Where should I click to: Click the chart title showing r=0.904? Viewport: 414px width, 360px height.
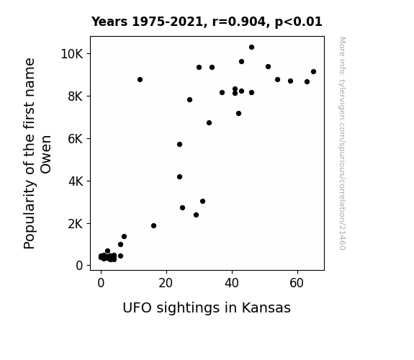207,22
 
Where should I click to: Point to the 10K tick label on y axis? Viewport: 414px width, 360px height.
72,54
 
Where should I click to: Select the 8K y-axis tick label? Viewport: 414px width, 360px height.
76,96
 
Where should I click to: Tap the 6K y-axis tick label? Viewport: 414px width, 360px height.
76,139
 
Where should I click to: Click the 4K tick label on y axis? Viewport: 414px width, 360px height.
76,181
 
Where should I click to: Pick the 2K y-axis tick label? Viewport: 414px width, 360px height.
76,224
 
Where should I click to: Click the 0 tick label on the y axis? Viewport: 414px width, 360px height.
79,266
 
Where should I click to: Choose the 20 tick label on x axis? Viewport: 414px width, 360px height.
166,283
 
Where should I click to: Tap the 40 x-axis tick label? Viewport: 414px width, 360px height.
232,283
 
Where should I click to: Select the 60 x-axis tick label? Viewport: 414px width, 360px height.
297,283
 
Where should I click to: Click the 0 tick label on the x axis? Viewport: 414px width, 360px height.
101,283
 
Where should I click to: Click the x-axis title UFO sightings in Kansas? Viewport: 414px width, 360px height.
207,308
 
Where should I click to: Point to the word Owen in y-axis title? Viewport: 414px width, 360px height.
45,155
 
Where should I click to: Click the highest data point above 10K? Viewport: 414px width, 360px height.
251,48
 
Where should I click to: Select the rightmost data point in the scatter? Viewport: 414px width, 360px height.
313,72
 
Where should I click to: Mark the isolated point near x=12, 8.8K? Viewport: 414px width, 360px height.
140,79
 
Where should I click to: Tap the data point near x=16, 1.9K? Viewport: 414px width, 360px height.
153,225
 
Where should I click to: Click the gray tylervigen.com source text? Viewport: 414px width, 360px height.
343,143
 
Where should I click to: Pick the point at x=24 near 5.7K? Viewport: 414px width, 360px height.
179,145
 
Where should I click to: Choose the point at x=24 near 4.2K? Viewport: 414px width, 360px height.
179,176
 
